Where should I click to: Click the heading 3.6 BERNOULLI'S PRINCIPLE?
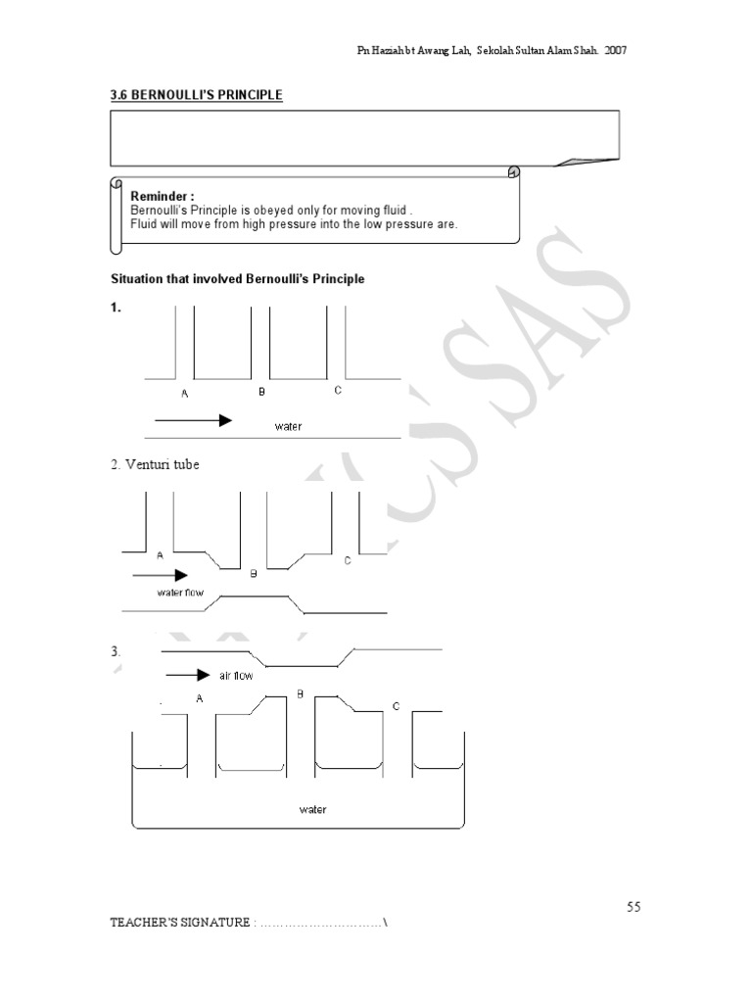coord(197,95)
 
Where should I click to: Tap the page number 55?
coord(634,907)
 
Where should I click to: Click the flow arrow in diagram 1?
coord(193,420)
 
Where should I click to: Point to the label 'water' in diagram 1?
coord(288,426)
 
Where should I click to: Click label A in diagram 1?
coord(184,394)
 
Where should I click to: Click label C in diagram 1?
coord(338,391)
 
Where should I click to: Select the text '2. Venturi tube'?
coord(155,465)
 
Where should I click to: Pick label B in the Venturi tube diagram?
coord(253,574)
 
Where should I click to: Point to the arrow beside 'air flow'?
coord(188,675)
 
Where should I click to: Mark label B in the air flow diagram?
coord(301,693)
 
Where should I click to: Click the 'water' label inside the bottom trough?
coord(313,809)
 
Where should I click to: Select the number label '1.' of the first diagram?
coord(116,308)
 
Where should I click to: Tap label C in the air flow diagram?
coord(396,705)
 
